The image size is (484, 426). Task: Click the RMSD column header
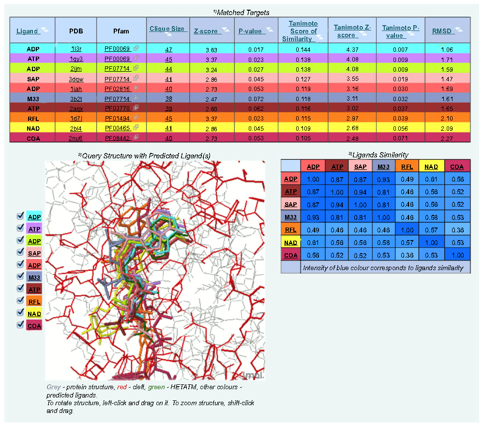pos(441,31)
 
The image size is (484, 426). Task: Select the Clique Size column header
pos(166,29)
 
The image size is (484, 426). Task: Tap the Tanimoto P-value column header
pos(400,31)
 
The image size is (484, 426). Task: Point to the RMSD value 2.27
pos(447,138)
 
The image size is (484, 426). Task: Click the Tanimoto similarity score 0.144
pos(302,49)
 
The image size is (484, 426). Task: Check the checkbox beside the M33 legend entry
pos(20,276)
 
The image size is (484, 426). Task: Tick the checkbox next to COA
pos(20,325)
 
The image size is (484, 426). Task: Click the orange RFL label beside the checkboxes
pos(34,301)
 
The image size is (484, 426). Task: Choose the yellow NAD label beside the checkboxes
pos(34,313)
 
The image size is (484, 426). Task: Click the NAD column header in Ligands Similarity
pos(431,167)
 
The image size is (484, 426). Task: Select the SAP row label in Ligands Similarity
pos(291,204)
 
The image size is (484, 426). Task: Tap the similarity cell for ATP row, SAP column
pos(360,192)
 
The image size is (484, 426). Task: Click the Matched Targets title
pos(241,12)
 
